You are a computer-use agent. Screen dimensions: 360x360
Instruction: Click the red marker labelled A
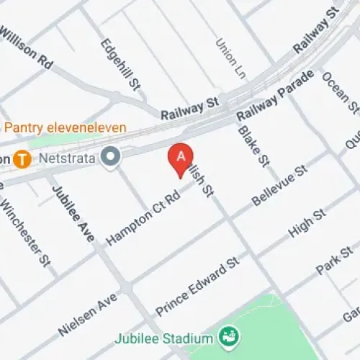(x=181, y=157)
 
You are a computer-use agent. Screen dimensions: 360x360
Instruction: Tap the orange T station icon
(x=24, y=158)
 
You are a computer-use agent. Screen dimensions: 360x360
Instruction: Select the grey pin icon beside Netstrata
(x=110, y=156)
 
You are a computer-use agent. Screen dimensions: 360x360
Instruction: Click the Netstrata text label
(x=71, y=154)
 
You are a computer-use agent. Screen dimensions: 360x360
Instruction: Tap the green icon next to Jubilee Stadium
(x=230, y=336)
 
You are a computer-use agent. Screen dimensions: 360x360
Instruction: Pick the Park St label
(x=337, y=259)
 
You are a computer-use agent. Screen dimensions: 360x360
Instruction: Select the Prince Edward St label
(x=196, y=287)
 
